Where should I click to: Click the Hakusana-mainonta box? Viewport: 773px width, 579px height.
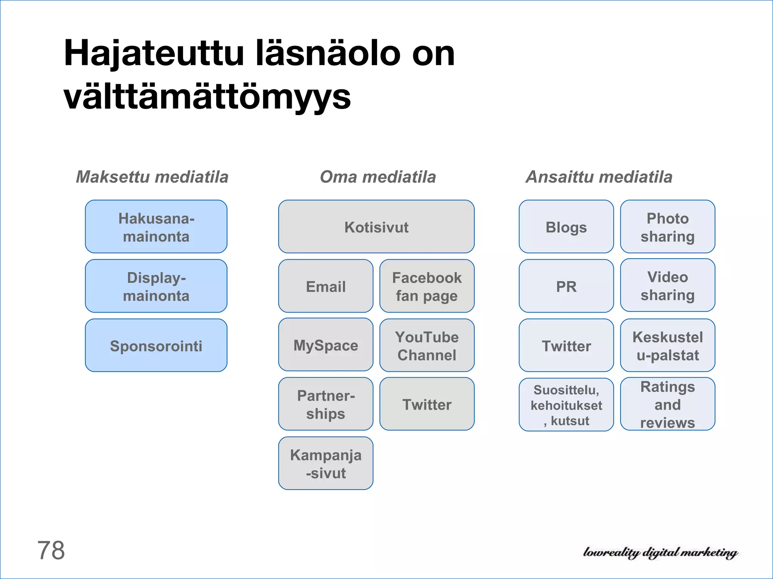[156, 227]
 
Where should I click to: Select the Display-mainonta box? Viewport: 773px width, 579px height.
[156, 286]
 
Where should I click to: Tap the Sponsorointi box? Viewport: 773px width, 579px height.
[156, 345]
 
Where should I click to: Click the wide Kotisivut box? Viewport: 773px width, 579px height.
[376, 227]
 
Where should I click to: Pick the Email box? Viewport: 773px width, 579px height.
[325, 286]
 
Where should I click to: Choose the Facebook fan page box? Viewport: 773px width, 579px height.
[427, 286]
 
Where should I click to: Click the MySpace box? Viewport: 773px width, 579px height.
[325, 345]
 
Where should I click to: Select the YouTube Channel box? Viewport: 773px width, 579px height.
[427, 345]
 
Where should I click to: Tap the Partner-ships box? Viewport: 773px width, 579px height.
[325, 404]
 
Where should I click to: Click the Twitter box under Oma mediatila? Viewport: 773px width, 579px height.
[427, 404]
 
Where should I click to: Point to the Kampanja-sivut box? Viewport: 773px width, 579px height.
[325, 463]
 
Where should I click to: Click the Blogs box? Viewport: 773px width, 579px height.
[566, 227]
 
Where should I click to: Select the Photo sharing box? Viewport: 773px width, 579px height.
[667, 227]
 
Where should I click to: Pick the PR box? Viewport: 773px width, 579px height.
[566, 286]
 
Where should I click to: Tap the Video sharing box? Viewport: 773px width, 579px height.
[667, 285]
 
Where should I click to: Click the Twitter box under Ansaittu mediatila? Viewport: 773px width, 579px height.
[566, 345]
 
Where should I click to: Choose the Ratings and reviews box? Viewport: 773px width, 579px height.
[667, 404]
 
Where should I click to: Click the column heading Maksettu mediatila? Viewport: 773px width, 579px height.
[152, 177]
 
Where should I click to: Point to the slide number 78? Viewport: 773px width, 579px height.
[51, 550]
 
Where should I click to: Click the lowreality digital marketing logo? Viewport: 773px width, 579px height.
[660, 553]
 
